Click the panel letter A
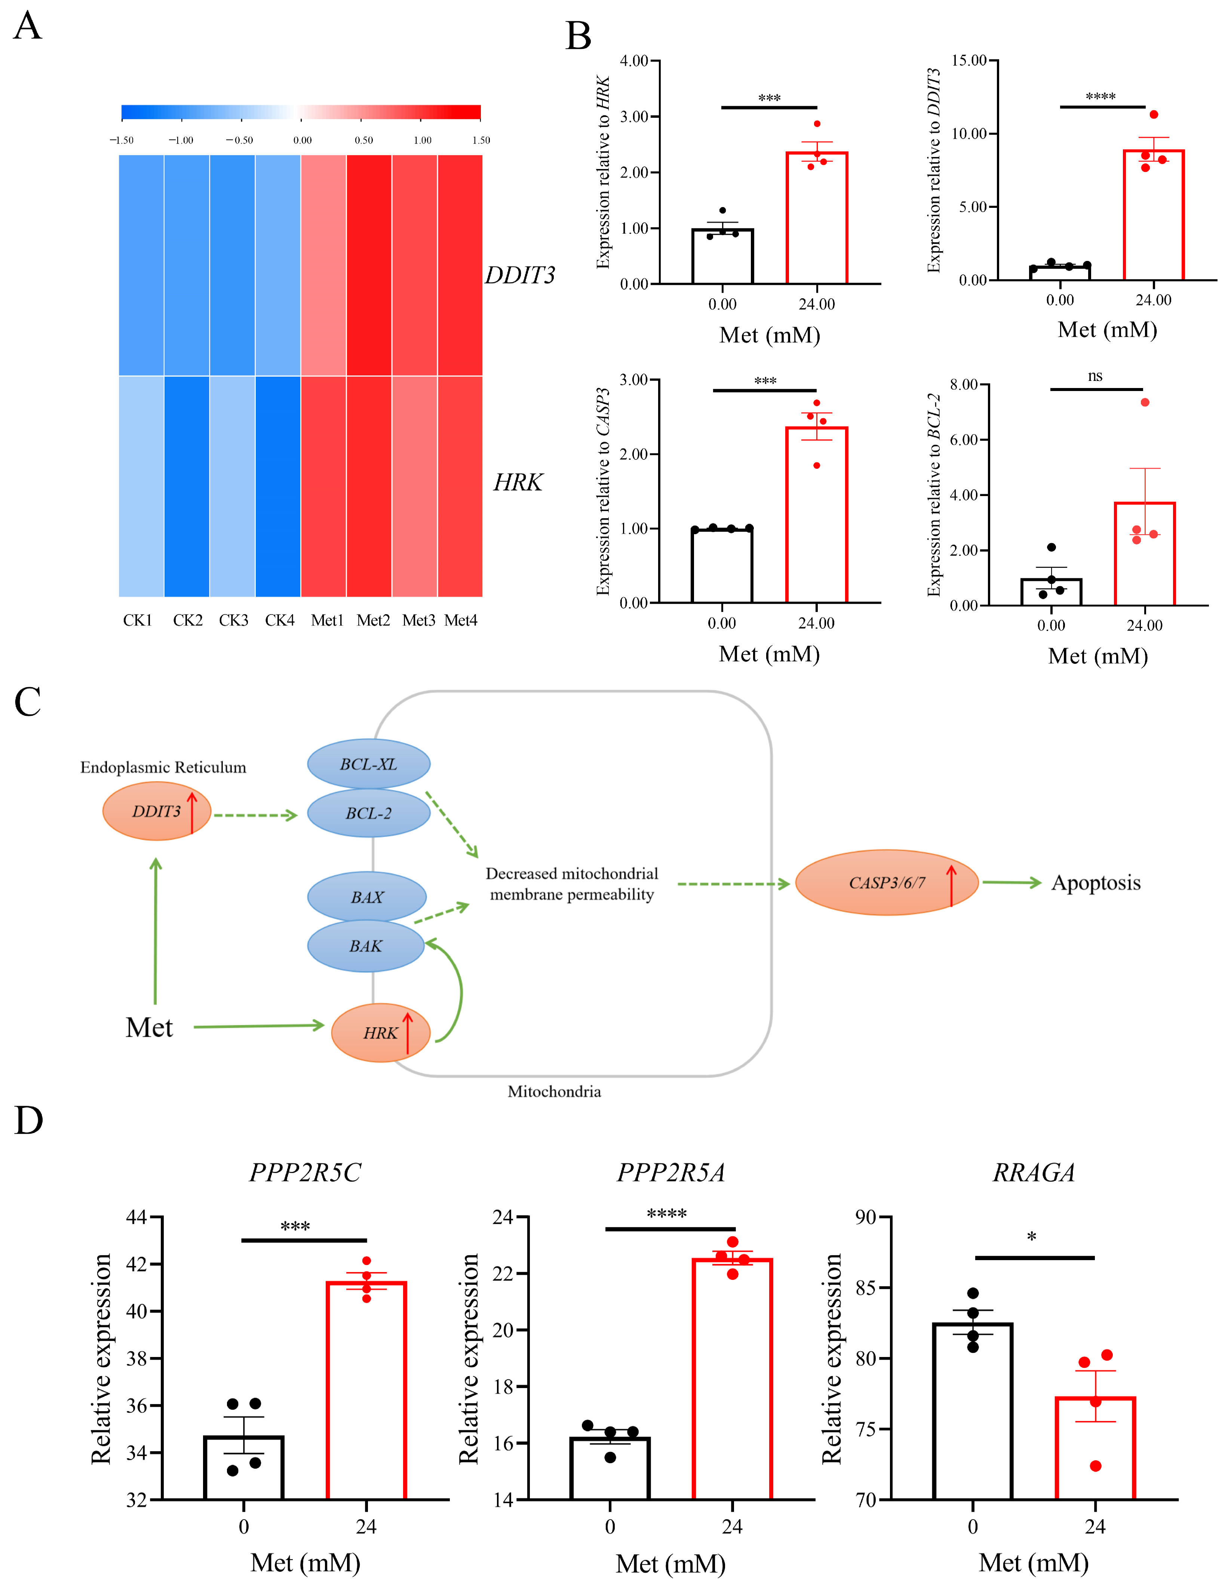pyautogui.click(x=28, y=26)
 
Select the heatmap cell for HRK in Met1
pyautogui.click(x=324, y=486)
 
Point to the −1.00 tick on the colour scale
pyautogui.click(x=181, y=140)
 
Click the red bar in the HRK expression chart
pyautogui.click(x=817, y=218)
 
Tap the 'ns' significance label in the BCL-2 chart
pyautogui.click(x=1095, y=376)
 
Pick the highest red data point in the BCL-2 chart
pyautogui.click(x=1145, y=402)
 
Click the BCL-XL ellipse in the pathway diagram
pyautogui.click(x=369, y=763)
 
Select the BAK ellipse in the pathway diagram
pyautogui.click(x=366, y=946)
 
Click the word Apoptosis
pyautogui.click(x=1096, y=883)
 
